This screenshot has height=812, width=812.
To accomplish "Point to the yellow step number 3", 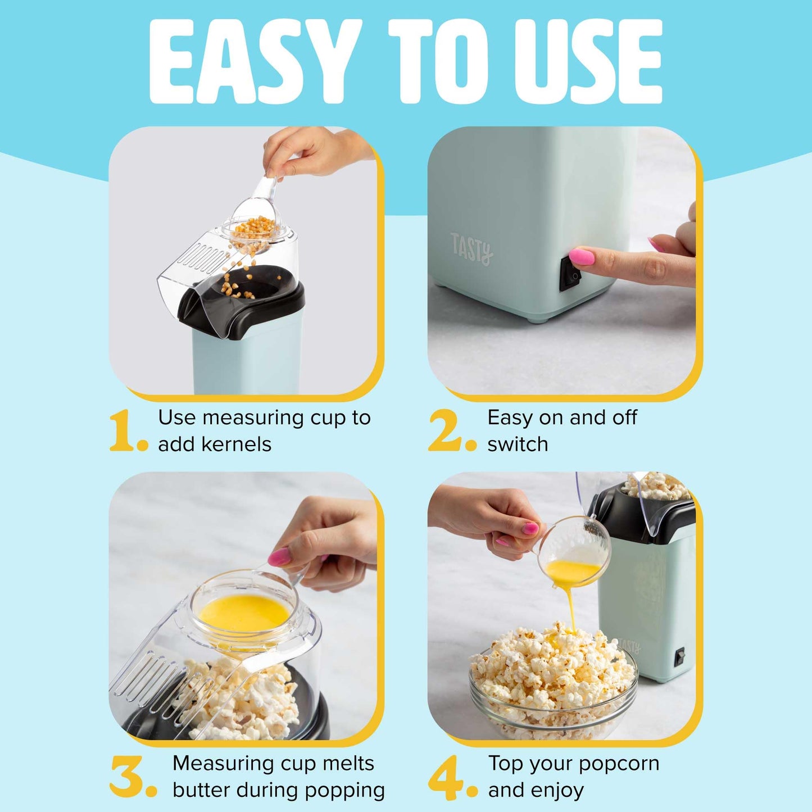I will click(127, 777).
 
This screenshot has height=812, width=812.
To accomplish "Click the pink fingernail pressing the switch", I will click(582, 257).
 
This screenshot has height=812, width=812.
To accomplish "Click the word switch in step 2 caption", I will click(518, 444).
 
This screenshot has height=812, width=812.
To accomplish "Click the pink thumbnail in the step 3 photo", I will click(279, 557).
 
